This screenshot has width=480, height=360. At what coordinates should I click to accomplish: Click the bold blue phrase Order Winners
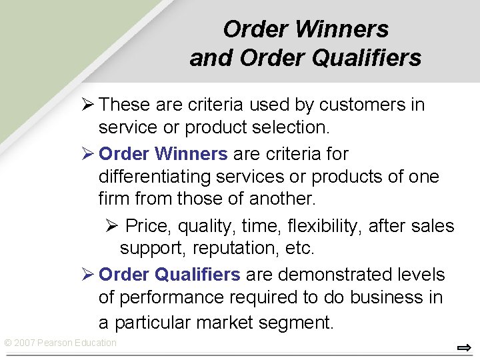click(x=163, y=154)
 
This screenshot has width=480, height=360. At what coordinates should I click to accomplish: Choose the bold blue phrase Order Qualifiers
click(x=169, y=274)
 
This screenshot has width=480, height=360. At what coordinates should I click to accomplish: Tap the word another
click(x=291, y=199)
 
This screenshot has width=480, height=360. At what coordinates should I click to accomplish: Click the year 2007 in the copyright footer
click(x=25, y=343)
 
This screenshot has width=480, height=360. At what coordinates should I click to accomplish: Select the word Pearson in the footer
click(x=55, y=343)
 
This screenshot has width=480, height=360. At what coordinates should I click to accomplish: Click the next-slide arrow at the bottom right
click(x=464, y=347)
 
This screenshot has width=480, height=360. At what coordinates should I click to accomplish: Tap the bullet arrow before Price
click(x=111, y=226)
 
